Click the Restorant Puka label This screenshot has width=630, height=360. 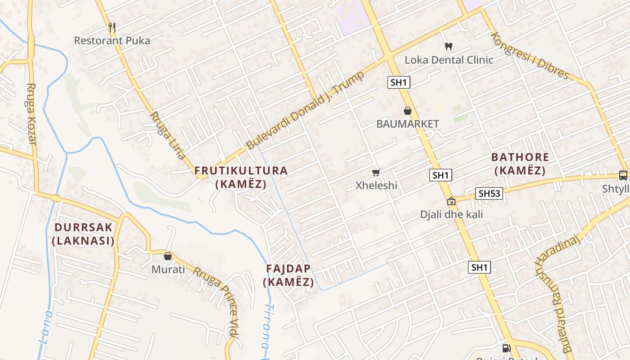[112, 40]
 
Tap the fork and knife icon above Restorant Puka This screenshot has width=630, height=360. [112, 27]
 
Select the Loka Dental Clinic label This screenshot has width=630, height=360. [449, 60]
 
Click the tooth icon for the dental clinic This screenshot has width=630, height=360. [448, 46]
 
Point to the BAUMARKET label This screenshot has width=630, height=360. [408, 124]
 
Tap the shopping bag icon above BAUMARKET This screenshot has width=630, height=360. [408, 111]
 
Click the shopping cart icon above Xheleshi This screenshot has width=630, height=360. [376, 172]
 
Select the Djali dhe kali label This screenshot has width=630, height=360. [451, 214]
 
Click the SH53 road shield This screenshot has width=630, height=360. [489, 193]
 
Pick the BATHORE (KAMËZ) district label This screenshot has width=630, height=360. [520, 164]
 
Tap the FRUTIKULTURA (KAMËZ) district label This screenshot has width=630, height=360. [241, 177]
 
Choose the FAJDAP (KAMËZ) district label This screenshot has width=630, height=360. [288, 275]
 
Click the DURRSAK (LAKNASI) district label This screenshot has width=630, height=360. [83, 234]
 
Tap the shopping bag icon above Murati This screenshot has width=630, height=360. [168, 256]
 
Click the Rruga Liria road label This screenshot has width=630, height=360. [167, 135]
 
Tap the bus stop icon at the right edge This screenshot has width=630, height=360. [623, 175]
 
